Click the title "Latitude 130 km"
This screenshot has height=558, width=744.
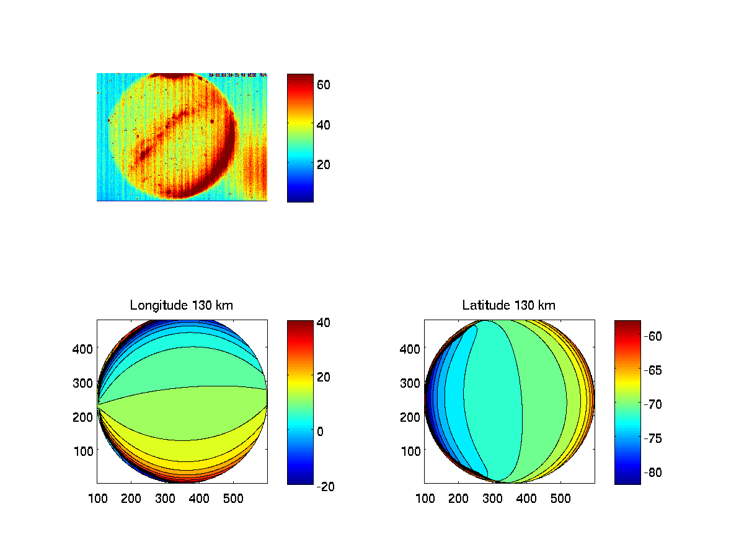(509, 305)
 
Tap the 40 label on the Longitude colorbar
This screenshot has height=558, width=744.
(325, 323)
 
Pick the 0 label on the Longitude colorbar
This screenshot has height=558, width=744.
(321, 431)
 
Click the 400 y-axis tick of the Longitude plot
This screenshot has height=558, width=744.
(84, 349)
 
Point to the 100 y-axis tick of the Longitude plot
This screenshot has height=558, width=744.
(84, 451)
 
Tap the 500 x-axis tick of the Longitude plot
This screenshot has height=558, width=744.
(233, 497)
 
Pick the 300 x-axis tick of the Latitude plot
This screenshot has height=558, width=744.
(492, 497)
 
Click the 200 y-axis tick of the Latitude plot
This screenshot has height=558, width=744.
(411, 417)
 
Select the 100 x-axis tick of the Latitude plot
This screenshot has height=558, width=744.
(425, 497)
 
